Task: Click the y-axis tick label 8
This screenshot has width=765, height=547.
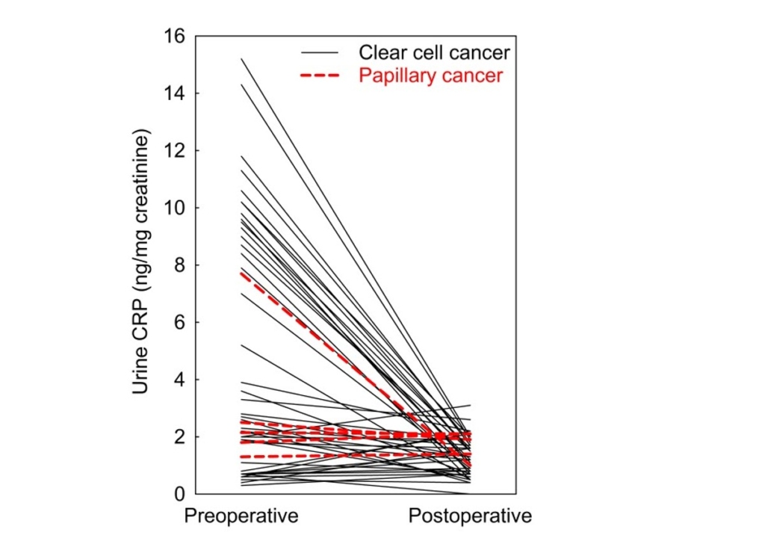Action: pyautogui.click(x=181, y=265)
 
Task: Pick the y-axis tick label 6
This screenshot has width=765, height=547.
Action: pyautogui.click(x=181, y=322)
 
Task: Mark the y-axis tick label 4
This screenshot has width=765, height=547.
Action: pyautogui.click(x=181, y=380)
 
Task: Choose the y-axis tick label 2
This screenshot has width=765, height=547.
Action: pyautogui.click(x=181, y=436)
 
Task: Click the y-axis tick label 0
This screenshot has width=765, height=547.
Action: pyautogui.click(x=181, y=494)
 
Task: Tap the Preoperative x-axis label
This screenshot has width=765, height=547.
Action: pyautogui.click(x=241, y=516)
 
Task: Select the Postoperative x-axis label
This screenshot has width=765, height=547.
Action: pyautogui.click(x=470, y=516)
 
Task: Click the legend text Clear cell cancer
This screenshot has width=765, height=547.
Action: pyautogui.click(x=434, y=53)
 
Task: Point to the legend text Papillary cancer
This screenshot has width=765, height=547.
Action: pyautogui.click(x=431, y=75)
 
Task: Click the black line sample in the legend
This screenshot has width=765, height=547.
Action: pyautogui.click(x=320, y=53)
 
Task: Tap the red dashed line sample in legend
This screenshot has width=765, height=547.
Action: pyautogui.click(x=320, y=75)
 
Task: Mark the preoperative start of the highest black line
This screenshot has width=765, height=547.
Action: pyautogui.click(x=241, y=58)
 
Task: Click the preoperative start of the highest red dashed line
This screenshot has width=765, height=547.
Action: pyautogui.click(x=241, y=273)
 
